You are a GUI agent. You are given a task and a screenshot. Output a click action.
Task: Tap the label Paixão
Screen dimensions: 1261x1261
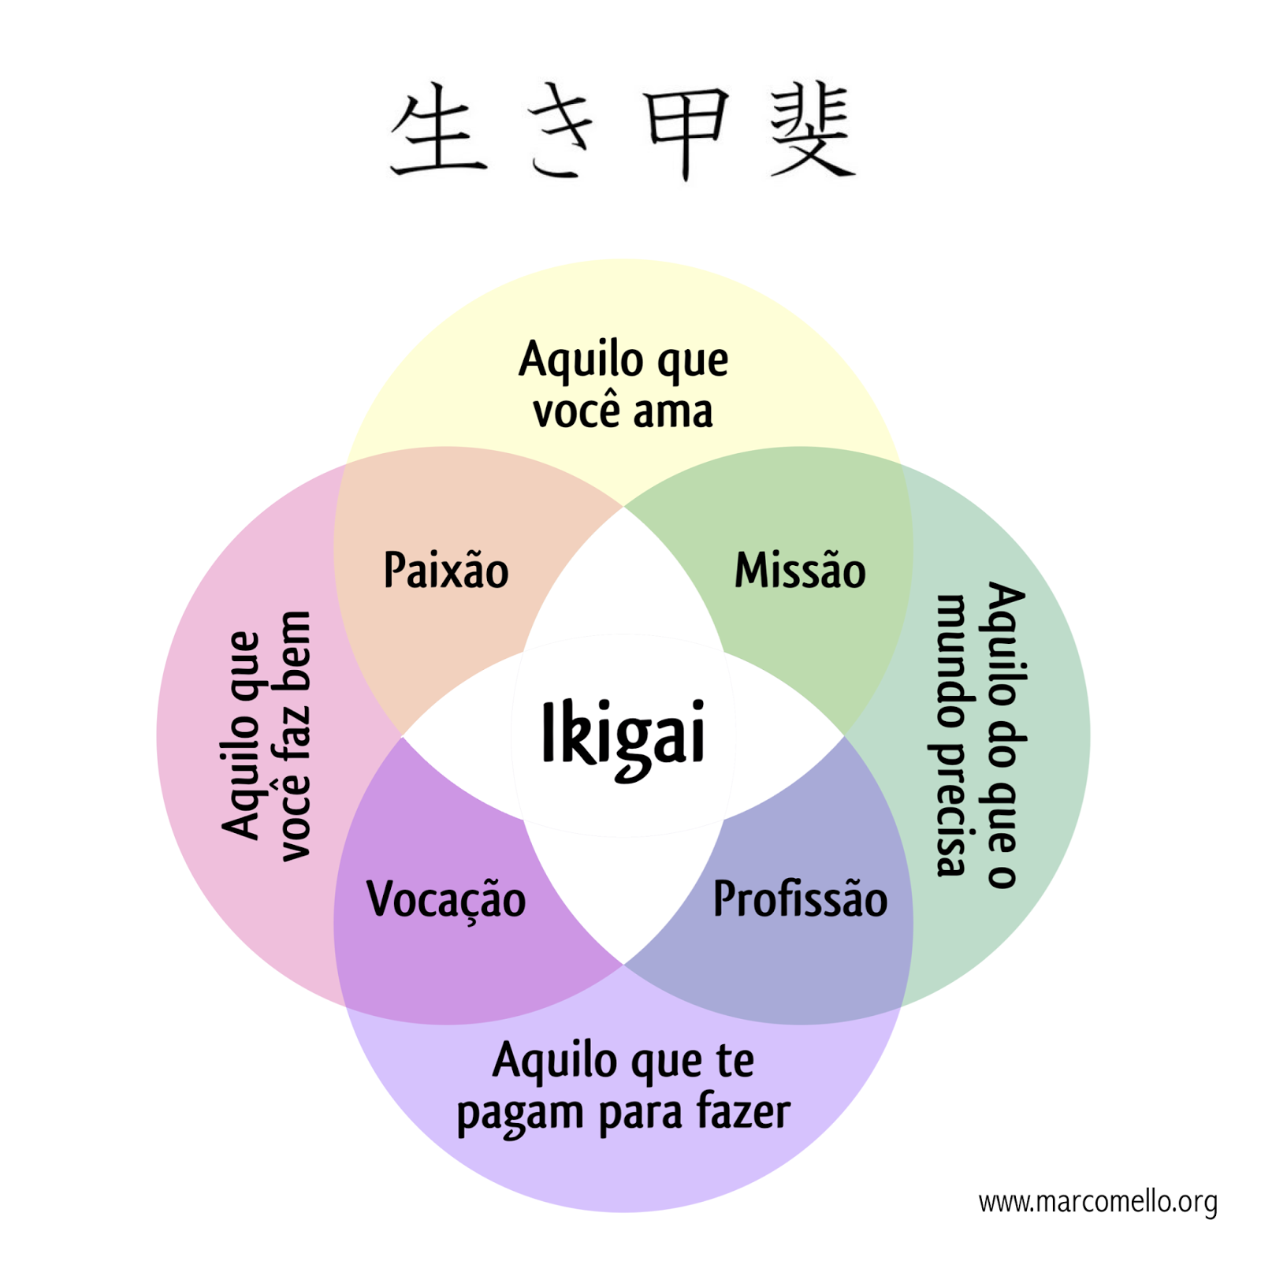coord(446,570)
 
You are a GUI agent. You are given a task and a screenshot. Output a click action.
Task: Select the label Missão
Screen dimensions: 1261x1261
coord(800,570)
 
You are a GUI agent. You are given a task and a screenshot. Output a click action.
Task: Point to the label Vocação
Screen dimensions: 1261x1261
coord(446,899)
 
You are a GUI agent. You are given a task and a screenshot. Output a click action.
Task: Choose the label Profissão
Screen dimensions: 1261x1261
coord(800,899)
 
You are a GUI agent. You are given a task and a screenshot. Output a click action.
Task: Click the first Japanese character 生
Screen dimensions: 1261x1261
coord(438,131)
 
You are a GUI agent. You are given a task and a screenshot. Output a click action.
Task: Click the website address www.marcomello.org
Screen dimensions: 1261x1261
coord(1098,1202)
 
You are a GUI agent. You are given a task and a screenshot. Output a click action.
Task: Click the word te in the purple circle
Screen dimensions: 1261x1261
coord(735,1061)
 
